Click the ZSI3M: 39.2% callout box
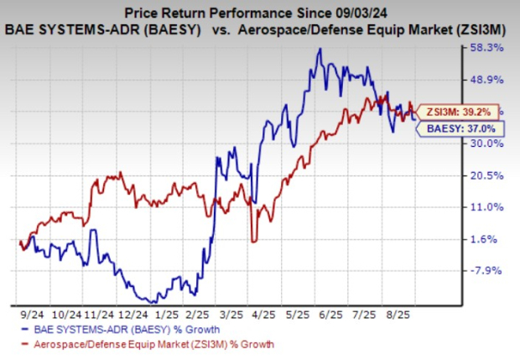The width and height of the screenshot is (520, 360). pos(450,110)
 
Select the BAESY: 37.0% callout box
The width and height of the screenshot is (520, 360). pos(450,129)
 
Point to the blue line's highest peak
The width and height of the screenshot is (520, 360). pos(320,49)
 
